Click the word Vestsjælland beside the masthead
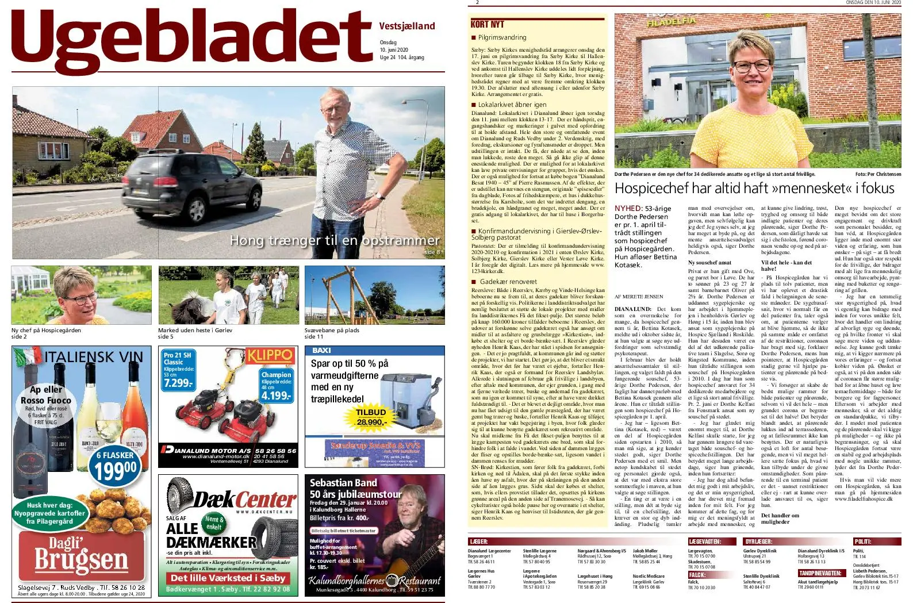407,26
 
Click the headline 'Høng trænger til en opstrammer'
334,240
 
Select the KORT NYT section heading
487,24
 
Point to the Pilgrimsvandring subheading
502,37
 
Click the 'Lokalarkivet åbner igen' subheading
512,105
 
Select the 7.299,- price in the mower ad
178,383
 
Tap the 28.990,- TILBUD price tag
371,421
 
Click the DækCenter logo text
244,500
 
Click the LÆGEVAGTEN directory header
704,541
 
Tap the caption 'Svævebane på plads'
332,331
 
